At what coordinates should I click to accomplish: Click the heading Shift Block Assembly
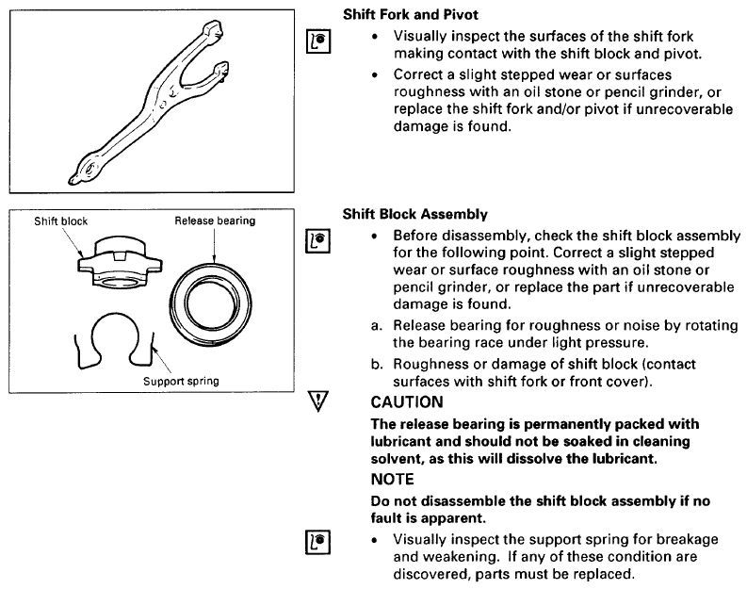[414, 215]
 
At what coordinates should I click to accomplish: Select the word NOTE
[392, 478]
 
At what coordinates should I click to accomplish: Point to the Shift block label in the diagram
[60, 221]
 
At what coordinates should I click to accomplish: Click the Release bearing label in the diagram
[215, 221]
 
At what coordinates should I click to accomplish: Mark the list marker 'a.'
[378, 325]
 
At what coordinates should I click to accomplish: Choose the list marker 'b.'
[378, 363]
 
